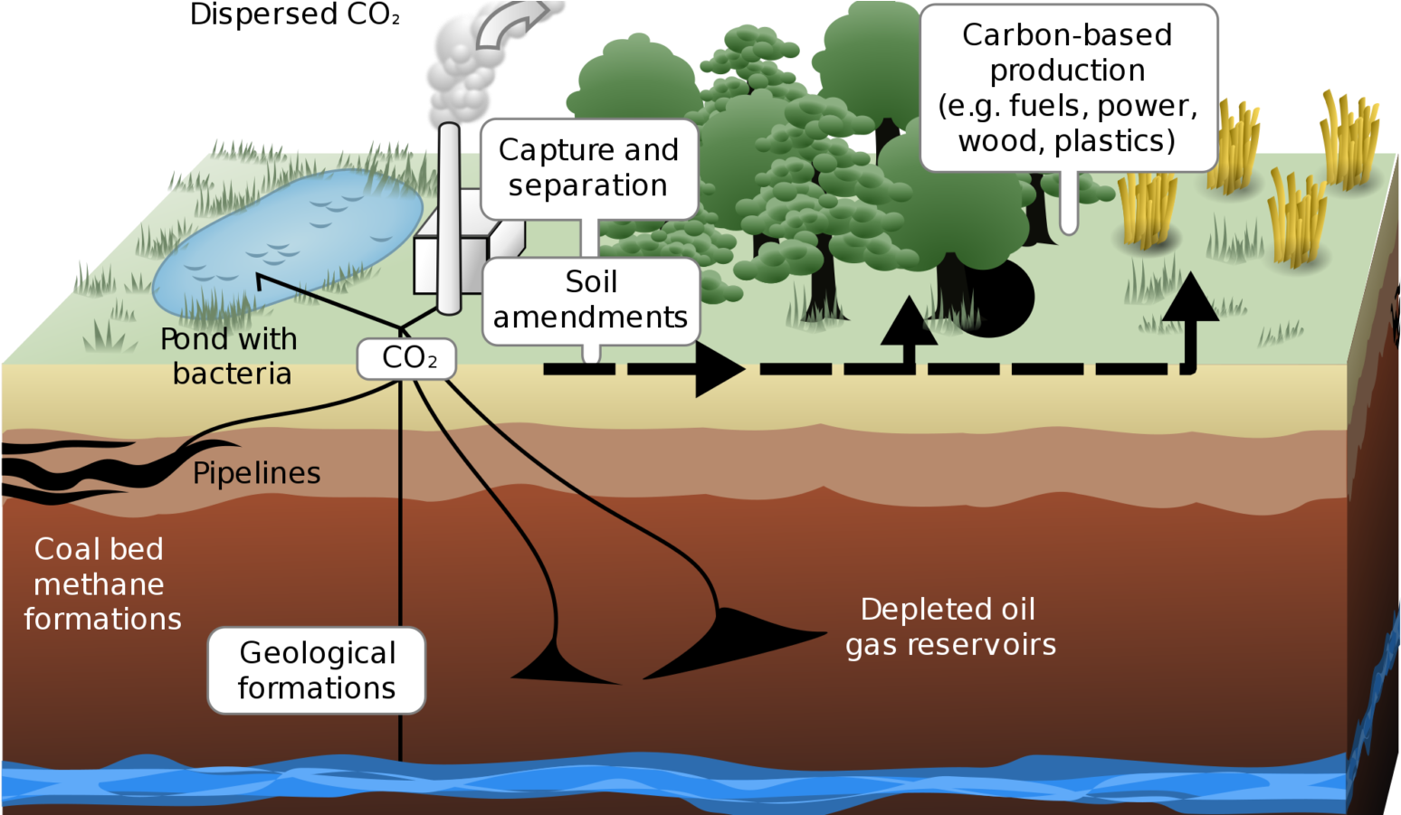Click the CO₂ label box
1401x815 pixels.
[406, 358]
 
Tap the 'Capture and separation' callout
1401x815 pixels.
[588, 168]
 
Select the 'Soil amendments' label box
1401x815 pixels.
[591, 300]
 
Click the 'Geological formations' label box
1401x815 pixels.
[317, 670]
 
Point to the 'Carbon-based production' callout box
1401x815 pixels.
[1068, 88]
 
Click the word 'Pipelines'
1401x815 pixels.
[257, 473]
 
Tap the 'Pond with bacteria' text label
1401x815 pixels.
[230, 355]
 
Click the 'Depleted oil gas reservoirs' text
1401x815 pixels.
[949, 627]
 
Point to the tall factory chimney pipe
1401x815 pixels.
[448, 217]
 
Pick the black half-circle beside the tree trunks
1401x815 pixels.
[1005, 299]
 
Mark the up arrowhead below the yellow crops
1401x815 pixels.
[1191, 299]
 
